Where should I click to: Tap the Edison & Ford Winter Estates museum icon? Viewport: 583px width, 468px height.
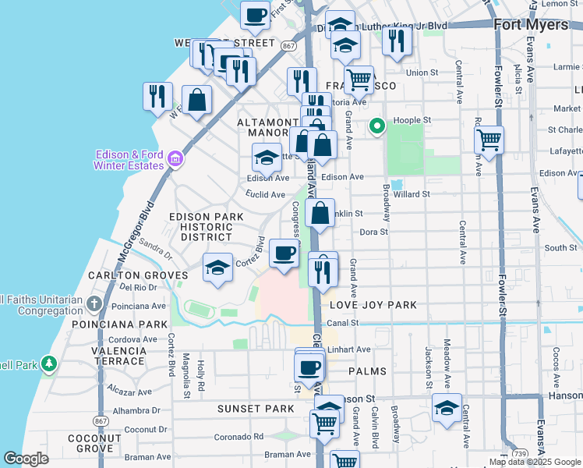coord(175,159)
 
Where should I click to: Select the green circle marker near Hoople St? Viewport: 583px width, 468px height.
coord(377,126)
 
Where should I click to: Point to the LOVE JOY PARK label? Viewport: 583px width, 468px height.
coord(373,305)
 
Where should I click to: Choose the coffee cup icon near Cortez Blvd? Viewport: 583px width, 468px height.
coord(284,253)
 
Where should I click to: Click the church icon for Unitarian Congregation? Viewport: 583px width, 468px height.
coord(94,303)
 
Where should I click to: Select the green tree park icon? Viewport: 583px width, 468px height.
coord(49,363)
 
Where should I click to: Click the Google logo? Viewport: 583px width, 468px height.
coord(26,459)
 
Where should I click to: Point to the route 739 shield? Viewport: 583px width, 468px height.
coord(519,453)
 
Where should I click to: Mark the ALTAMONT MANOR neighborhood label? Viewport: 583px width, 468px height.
coord(268,129)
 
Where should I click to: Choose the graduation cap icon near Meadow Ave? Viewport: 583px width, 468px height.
coord(447,408)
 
